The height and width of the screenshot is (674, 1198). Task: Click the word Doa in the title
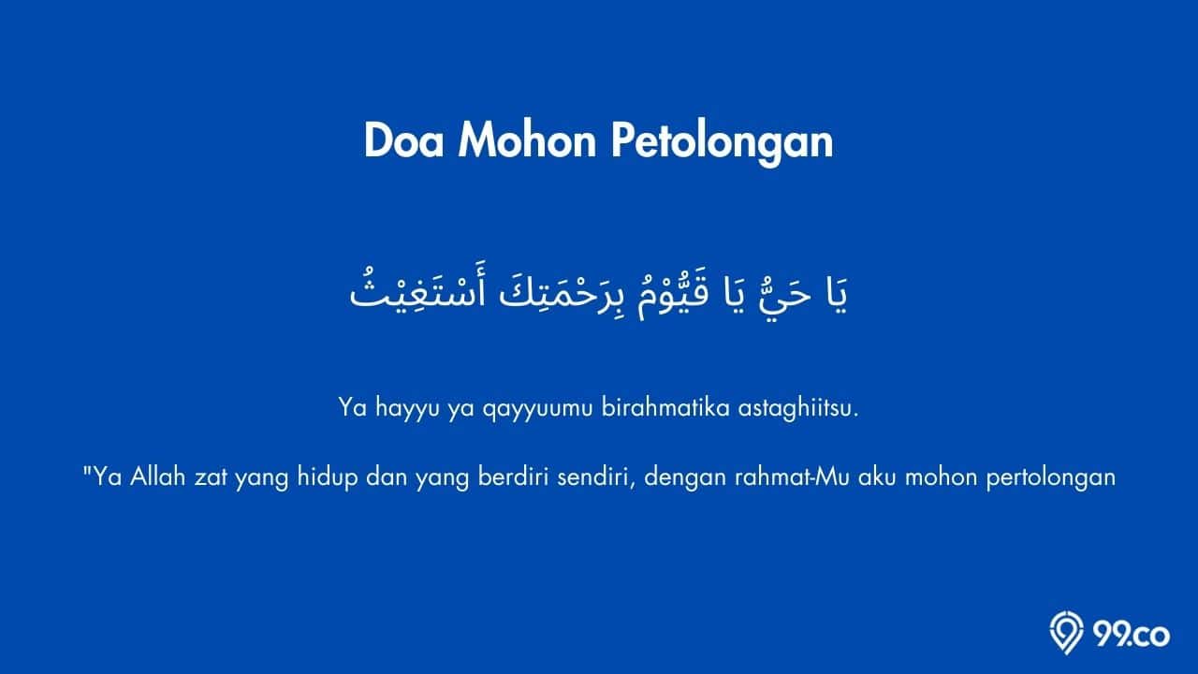403,140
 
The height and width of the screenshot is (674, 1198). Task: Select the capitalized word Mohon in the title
527,140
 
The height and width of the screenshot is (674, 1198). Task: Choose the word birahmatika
665,408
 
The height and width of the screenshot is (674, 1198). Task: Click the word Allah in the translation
158,476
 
